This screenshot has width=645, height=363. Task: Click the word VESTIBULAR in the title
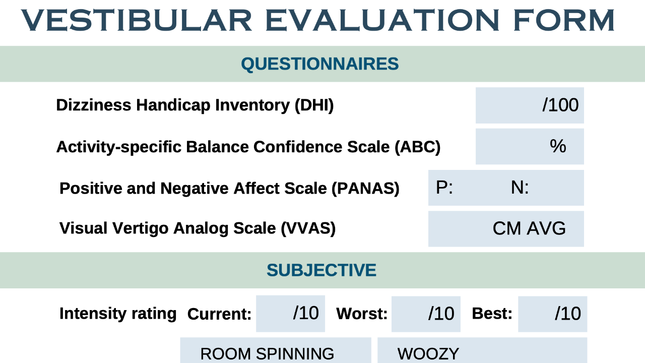[x=136, y=20]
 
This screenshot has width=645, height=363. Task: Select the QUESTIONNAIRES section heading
[x=320, y=64]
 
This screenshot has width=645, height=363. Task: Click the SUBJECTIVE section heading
[x=321, y=270]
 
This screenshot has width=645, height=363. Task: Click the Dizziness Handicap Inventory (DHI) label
[x=195, y=105]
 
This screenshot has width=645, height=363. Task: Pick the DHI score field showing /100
[x=530, y=105]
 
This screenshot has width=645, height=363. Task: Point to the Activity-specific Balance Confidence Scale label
[x=248, y=147]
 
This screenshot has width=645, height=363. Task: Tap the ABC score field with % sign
[x=530, y=147]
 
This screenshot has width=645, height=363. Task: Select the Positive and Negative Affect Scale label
[x=229, y=188]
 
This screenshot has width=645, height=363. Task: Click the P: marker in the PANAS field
[x=444, y=188]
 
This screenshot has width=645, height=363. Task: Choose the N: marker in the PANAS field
[x=520, y=188]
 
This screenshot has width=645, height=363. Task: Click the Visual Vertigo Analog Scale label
[x=197, y=228]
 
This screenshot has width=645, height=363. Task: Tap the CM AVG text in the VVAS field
[x=529, y=229]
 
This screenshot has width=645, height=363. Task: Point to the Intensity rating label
[x=118, y=314]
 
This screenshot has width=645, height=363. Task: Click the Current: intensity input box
[x=290, y=314]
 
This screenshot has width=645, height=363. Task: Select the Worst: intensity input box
[x=426, y=314]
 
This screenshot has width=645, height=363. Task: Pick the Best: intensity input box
[x=552, y=314]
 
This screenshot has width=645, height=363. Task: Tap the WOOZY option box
[x=482, y=351]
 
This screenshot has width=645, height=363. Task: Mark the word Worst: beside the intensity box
[x=362, y=314]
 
